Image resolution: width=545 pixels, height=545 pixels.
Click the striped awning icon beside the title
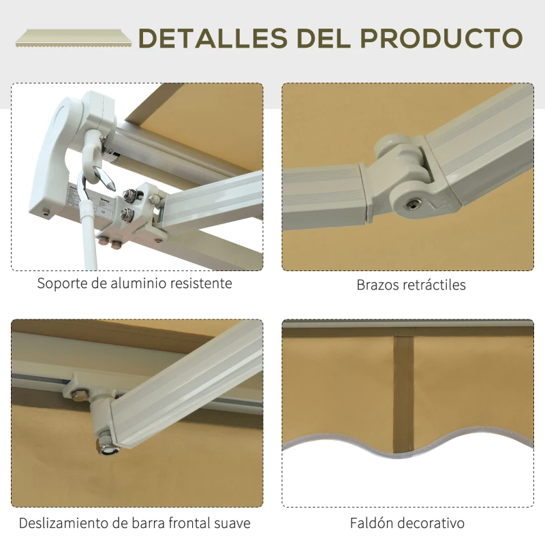tap(74, 38)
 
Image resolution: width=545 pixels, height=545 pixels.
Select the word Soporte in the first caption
tap(62, 283)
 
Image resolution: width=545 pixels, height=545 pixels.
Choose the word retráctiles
tap(435, 285)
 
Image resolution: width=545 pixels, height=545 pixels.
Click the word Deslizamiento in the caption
tap(64, 523)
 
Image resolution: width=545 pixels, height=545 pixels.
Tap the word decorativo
tap(433, 523)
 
